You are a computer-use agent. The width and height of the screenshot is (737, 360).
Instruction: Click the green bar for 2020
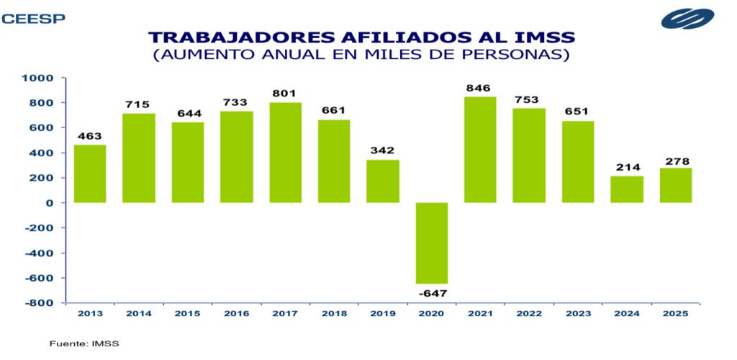tap(432, 243)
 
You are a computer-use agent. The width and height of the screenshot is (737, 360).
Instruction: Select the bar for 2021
tap(480, 150)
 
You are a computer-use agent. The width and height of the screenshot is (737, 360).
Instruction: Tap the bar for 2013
tap(90, 174)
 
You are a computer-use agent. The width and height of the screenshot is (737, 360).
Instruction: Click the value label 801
tap(285, 94)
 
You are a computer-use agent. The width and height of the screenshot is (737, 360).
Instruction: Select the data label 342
tap(383, 150)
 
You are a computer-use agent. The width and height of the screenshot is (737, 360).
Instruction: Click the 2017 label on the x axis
tap(285, 313)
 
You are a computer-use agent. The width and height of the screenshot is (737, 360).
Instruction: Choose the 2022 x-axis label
tap(529, 313)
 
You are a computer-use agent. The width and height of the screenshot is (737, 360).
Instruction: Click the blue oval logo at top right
tap(687, 19)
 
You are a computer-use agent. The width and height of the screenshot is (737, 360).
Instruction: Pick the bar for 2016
tap(236, 157)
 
